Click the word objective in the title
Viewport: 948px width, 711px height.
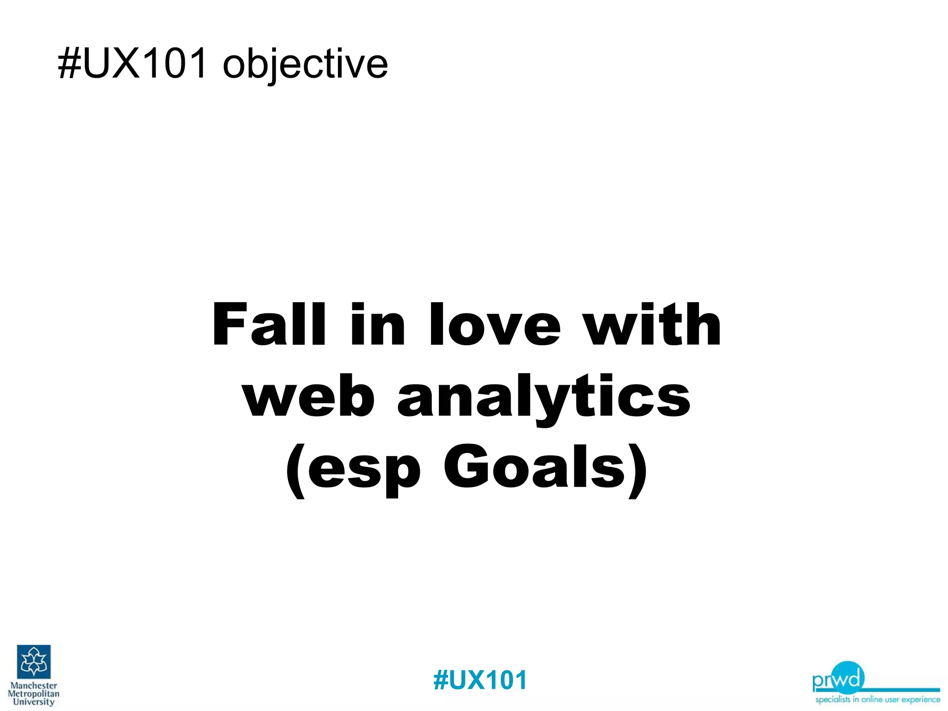pyautogui.click(x=305, y=64)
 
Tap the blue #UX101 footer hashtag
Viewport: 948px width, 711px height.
pyautogui.click(x=480, y=680)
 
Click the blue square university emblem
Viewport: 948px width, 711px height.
pyautogui.click(x=34, y=661)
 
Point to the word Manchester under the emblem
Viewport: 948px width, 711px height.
pyautogui.click(x=34, y=686)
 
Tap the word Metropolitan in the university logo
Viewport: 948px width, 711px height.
pyautogui.click(x=34, y=694)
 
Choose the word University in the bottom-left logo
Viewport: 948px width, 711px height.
pyautogui.click(x=34, y=702)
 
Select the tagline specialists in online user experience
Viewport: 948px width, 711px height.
pyautogui.click(x=878, y=699)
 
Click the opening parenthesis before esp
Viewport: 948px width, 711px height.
pyautogui.click(x=295, y=470)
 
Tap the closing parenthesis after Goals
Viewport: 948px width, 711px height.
pyautogui.click(x=638, y=470)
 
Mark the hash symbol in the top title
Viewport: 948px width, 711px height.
pyautogui.click(x=69, y=64)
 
